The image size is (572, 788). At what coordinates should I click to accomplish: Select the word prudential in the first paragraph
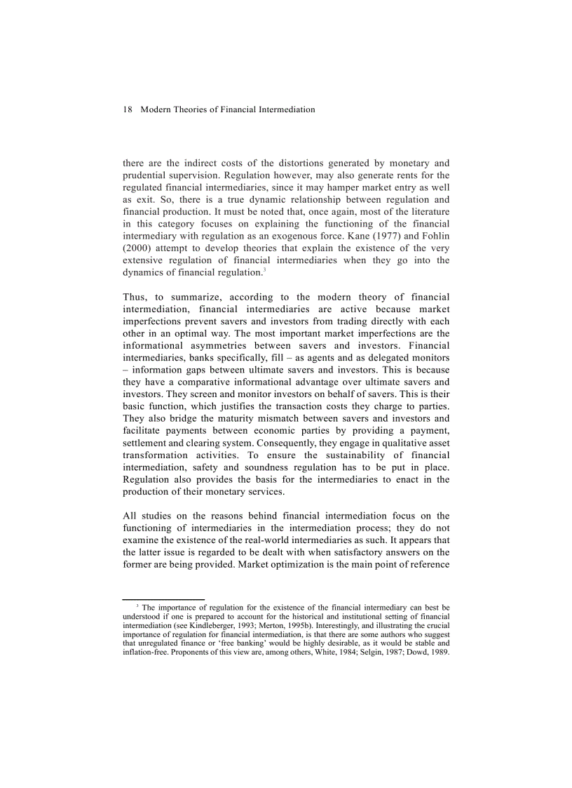point(146,175)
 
